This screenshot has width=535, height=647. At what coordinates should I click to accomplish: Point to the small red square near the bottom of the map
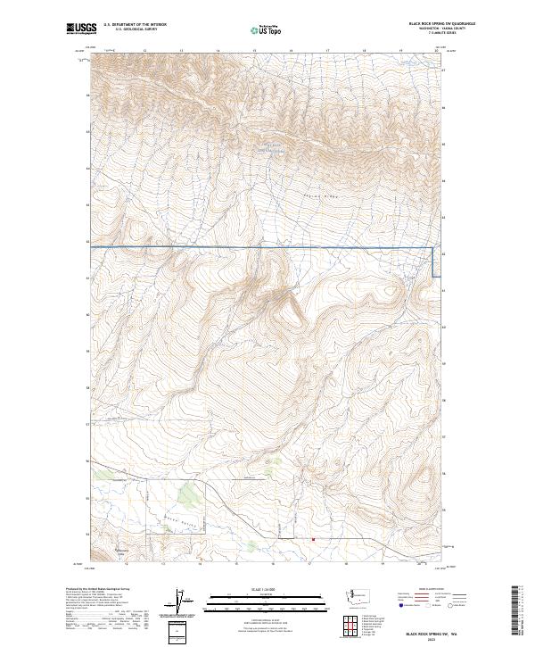tap(313, 539)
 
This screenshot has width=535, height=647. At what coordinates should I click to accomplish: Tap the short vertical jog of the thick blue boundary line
tap(434, 262)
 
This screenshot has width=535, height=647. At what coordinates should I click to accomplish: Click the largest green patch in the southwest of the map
tap(188, 493)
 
